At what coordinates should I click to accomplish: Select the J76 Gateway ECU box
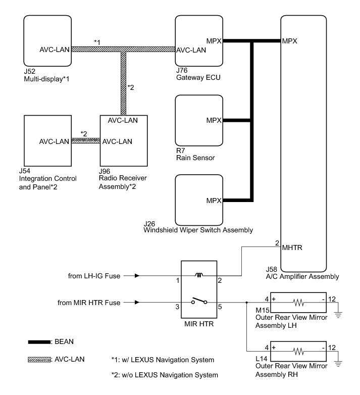pyautogui.click(x=198, y=40)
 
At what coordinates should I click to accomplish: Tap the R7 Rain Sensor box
pyautogui.click(x=198, y=121)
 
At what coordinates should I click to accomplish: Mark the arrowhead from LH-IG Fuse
pyautogui.click(x=137, y=276)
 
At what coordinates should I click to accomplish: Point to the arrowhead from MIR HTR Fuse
pyautogui.click(x=137, y=303)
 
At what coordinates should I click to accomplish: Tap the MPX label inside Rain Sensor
pyautogui.click(x=214, y=121)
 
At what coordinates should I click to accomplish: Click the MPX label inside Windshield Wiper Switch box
pyautogui.click(x=214, y=201)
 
